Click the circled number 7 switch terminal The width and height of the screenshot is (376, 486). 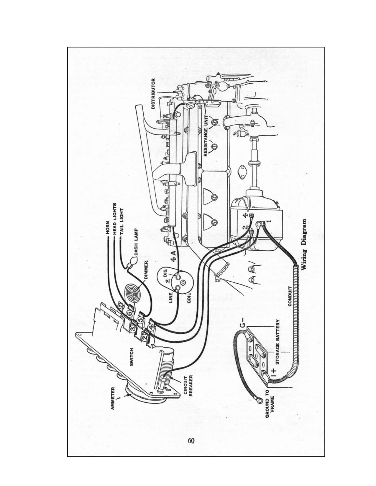pos(120,307)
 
